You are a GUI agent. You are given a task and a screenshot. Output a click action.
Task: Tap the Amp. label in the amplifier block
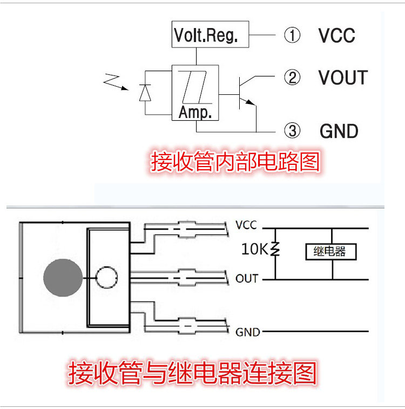pyautogui.click(x=195, y=113)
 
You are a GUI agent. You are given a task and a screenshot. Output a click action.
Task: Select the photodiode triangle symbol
pyautogui.click(x=145, y=93)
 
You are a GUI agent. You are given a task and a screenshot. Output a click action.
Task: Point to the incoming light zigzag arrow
pyautogui.click(x=116, y=82)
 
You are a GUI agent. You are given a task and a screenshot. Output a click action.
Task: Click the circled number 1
pyautogui.click(x=292, y=35)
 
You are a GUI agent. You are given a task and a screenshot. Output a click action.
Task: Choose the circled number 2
pyautogui.click(x=292, y=77)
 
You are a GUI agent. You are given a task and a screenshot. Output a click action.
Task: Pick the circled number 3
pyautogui.click(x=292, y=131)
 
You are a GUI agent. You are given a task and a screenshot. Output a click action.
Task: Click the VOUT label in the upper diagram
pyautogui.click(x=343, y=78)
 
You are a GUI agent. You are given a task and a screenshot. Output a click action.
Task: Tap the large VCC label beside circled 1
pyautogui.click(x=337, y=35)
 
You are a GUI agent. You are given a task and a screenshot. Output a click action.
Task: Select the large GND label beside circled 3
pyautogui.click(x=339, y=131)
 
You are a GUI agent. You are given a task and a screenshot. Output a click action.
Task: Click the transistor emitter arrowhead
pyautogui.click(x=251, y=102)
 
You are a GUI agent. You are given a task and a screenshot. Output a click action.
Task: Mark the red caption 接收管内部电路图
pyautogui.click(x=235, y=162)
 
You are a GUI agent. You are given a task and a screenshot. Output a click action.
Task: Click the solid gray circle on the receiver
pyautogui.click(x=63, y=278)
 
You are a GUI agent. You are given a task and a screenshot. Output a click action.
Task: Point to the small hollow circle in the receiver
pyautogui.click(x=107, y=267)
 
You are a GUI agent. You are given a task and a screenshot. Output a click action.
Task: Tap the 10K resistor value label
pyautogui.click(x=255, y=248)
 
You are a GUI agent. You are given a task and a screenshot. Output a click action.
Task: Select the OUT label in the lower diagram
pyautogui.click(x=247, y=279)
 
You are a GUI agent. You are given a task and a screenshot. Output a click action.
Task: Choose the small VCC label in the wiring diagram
pyautogui.click(x=246, y=225)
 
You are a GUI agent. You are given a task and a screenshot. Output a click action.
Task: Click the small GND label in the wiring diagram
pyautogui.click(x=248, y=332)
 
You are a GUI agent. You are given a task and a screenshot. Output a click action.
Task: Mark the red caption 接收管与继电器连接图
pyautogui.click(x=192, y=373)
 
